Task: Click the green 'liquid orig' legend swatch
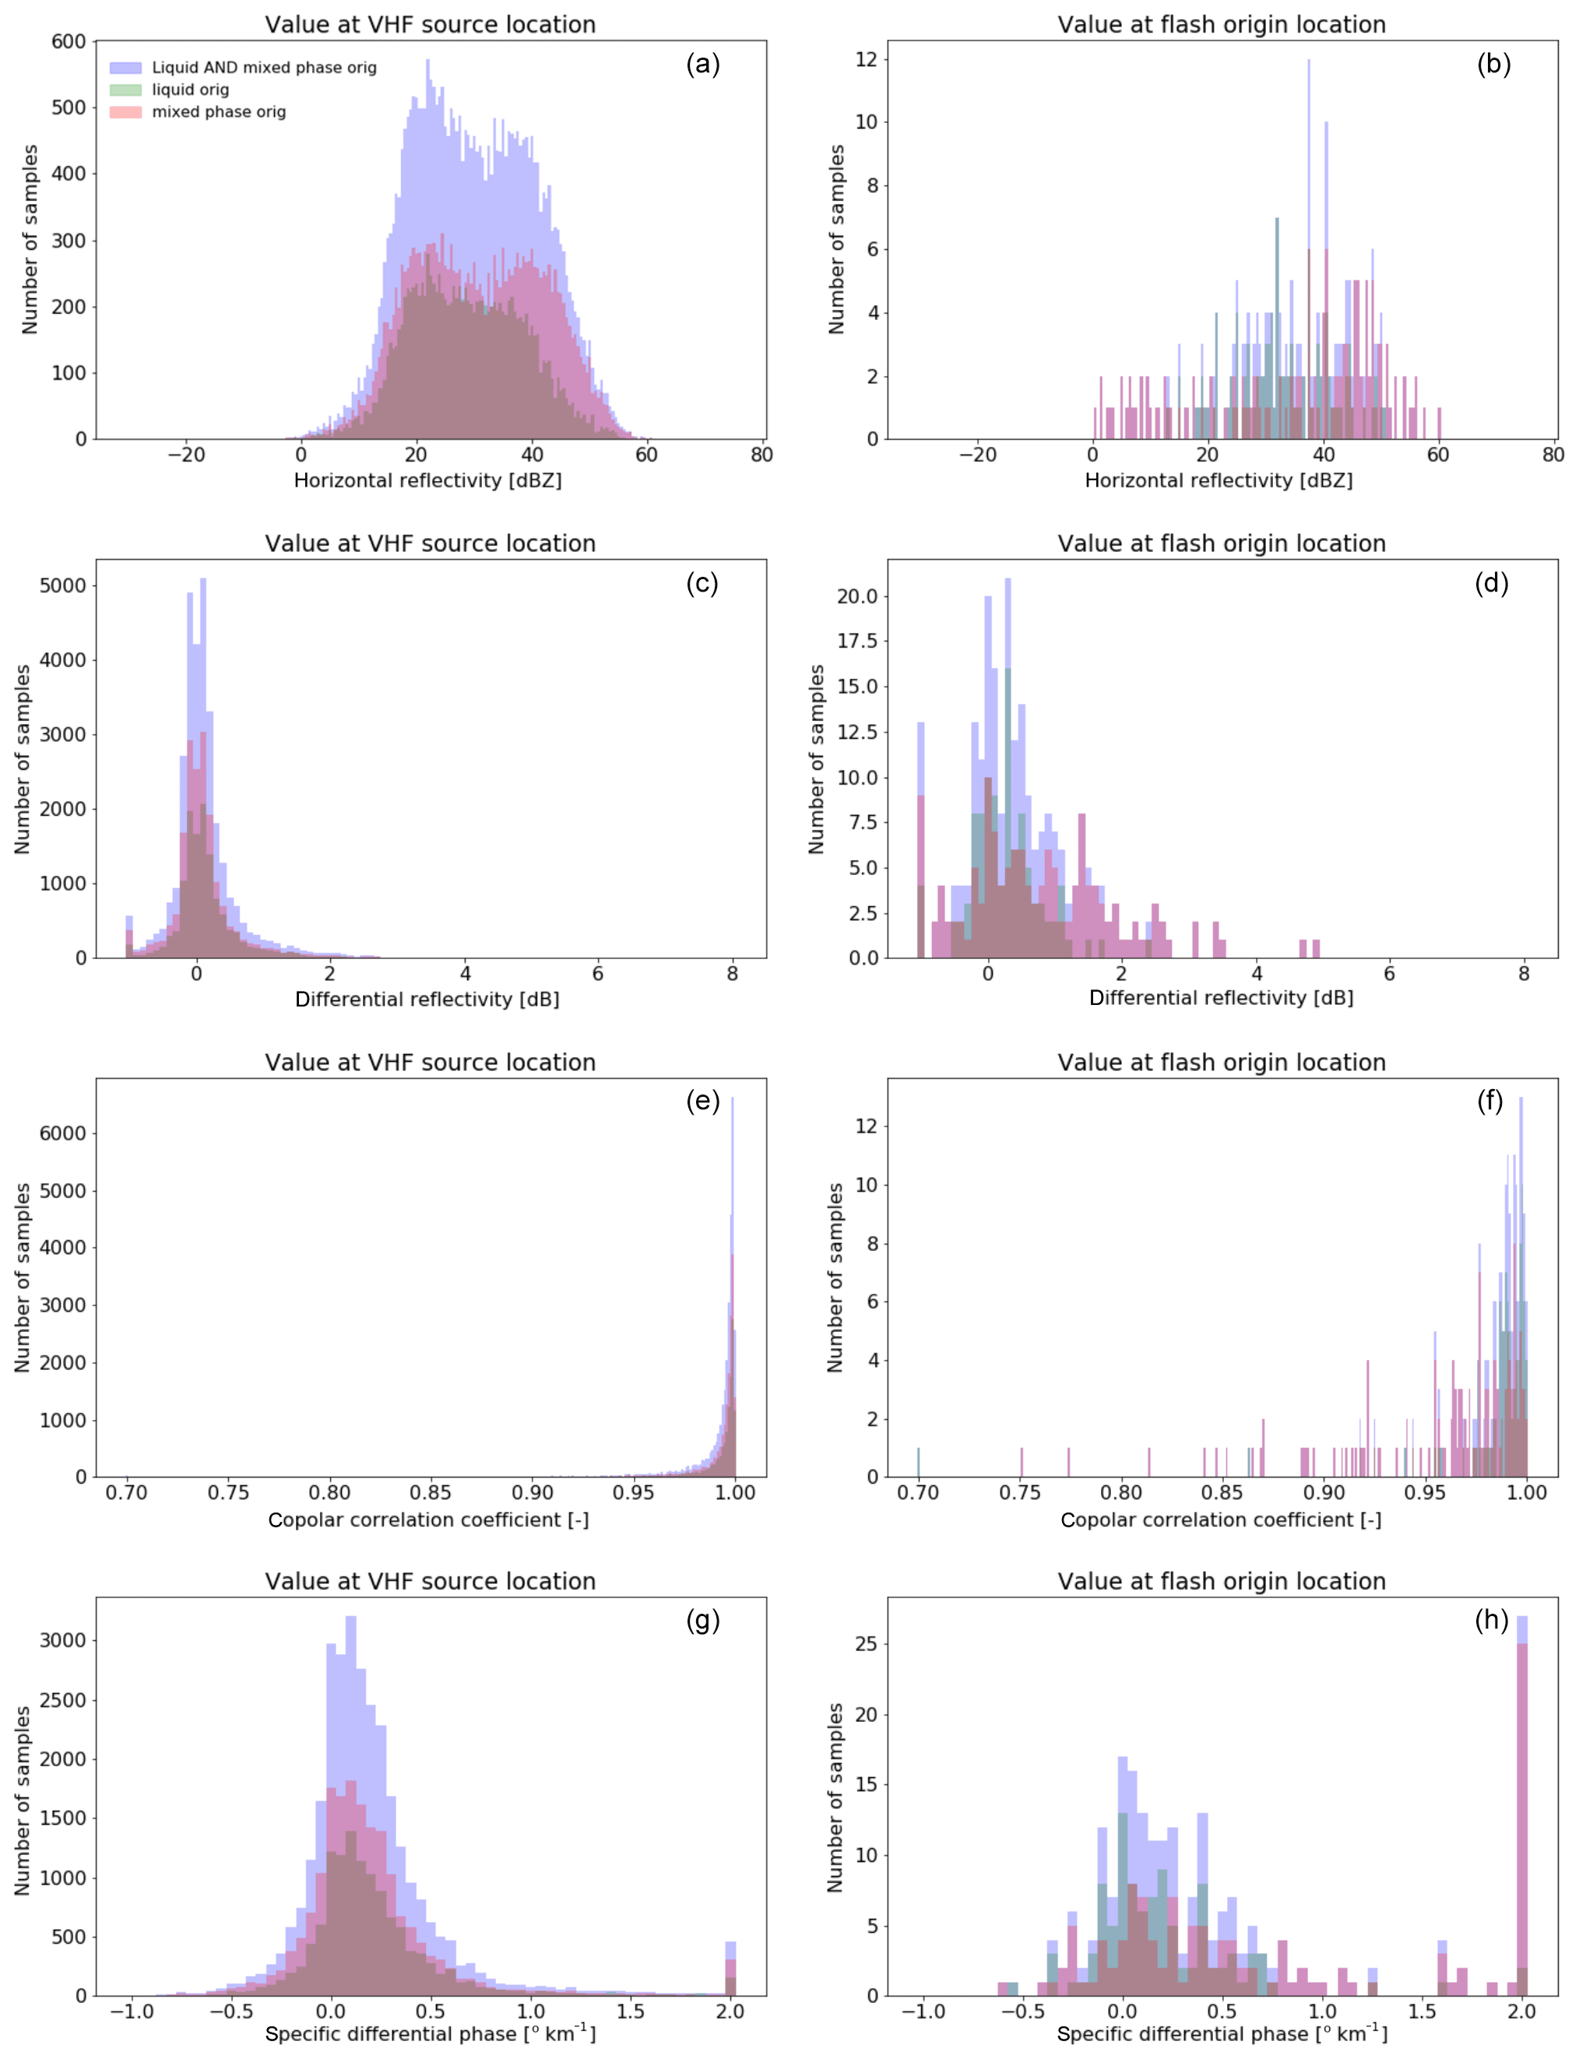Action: [x=125, y=90]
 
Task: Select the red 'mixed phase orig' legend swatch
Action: [x=125, y=112]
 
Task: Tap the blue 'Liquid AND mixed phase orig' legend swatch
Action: [x=125, y=68]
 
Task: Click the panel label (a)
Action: [x=702, y=64]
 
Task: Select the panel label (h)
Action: [x=1492, y=1619]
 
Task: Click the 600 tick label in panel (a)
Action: [x=69, y=41]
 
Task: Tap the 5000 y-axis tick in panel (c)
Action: [x=62, y=585]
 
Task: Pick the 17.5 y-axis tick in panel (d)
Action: [x=857, y=641]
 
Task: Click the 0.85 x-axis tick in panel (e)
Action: [x=431, y=1492]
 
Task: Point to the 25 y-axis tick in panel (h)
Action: [x=867, y=1643]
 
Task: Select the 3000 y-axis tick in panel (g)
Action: [x=62, y=1641]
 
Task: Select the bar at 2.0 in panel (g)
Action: [x=730, y=1969]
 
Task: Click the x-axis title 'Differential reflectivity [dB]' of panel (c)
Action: [x=427, y=999]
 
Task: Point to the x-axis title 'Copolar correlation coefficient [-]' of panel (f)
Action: [x=1221, y=1520]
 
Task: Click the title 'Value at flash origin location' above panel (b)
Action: [x=1221, y=24]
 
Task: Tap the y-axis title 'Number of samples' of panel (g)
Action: [x=23, y=1800]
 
